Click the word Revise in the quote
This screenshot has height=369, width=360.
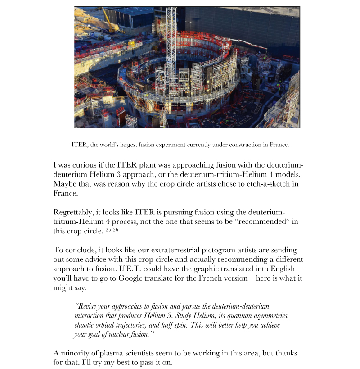point(88,306)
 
